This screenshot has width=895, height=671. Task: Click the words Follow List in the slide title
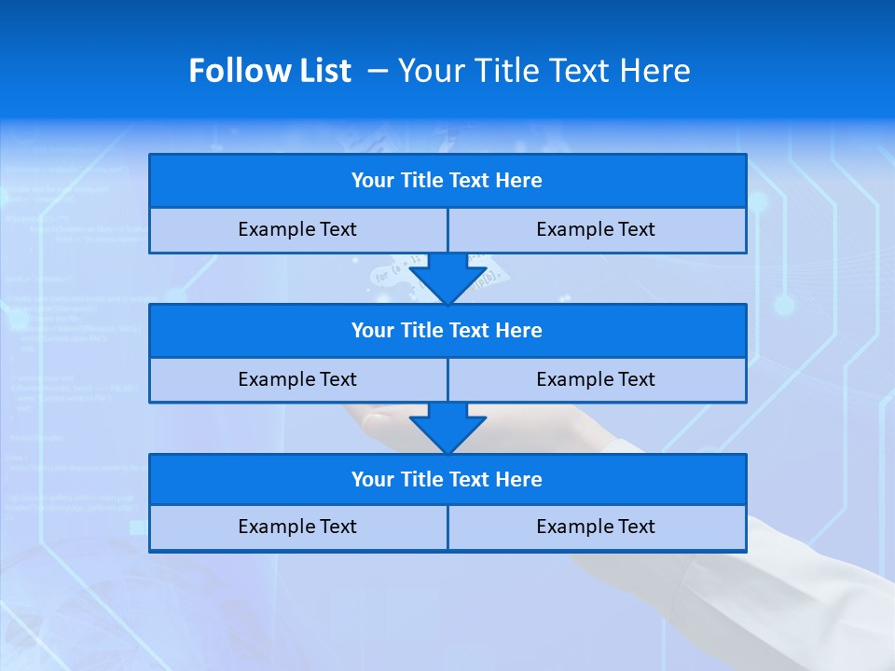[269, 71]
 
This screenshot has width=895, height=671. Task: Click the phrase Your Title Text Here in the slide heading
[544, 71]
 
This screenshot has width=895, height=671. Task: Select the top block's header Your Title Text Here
[447, 181]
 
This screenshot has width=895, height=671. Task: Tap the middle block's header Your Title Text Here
[447, 330]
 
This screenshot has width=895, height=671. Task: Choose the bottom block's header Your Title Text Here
[447, 479]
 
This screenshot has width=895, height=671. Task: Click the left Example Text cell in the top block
[297, 229]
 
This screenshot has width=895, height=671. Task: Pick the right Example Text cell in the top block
[596, 229]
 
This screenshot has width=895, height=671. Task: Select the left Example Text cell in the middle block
[297, 379]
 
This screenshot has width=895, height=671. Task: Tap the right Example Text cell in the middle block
[596, 379]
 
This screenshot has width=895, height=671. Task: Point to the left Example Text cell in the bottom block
[297, 527]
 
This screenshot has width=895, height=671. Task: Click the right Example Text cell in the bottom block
[596, 527]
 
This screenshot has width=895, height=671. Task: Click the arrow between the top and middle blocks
[447, 279]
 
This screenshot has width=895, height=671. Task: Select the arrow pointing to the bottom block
[447, 429]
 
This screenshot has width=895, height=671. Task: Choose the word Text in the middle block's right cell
[635, 379]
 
